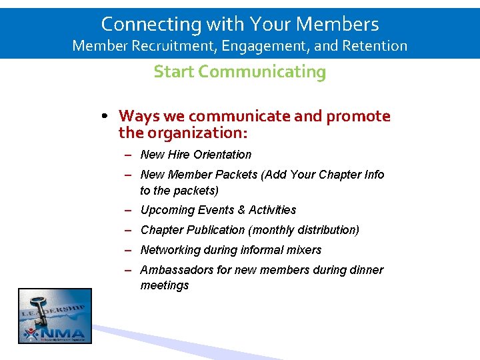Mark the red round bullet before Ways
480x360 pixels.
(x=107, y=117)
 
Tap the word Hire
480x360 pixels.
(x=179, y=155)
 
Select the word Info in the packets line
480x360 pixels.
(x=373, y=175)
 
